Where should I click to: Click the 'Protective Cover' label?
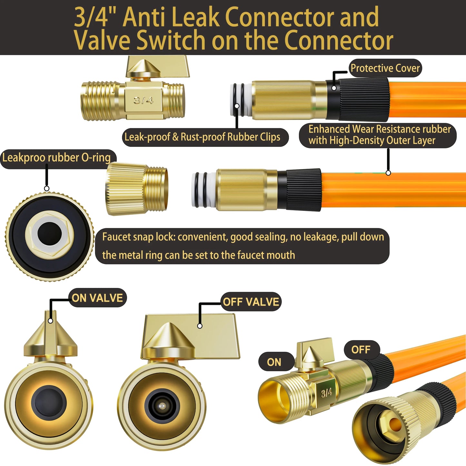coord(385,68)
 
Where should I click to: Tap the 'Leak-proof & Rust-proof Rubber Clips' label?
coord(205,137)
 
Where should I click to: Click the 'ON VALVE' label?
coord(97,298)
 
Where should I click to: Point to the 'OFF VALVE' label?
coord(251,302)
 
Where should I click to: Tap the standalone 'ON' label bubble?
coord(274,362)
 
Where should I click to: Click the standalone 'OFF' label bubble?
coord(361,350)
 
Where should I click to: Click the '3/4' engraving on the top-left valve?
coord(143,100)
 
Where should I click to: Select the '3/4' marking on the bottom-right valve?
coord(326,393)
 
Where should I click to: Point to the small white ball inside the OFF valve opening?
coord(162,406)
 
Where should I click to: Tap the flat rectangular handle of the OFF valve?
coord(191,336)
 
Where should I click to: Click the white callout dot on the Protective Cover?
coord(334,88)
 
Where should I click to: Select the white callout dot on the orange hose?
coord(388,173)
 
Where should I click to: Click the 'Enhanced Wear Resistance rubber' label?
coord(379,129)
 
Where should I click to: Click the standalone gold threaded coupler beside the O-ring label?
coord(137,189)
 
